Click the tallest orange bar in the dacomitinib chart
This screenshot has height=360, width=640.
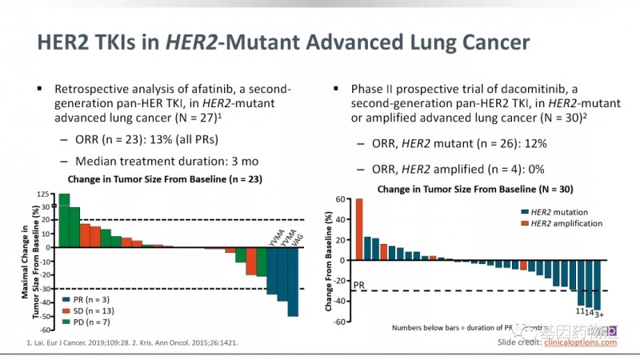pyautogui.click(x=359, y=229)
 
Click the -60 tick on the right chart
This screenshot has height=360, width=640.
pyautogui.click(x=341, y=322)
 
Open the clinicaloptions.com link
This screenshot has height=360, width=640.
pyautogui.click(x=579, y=342)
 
